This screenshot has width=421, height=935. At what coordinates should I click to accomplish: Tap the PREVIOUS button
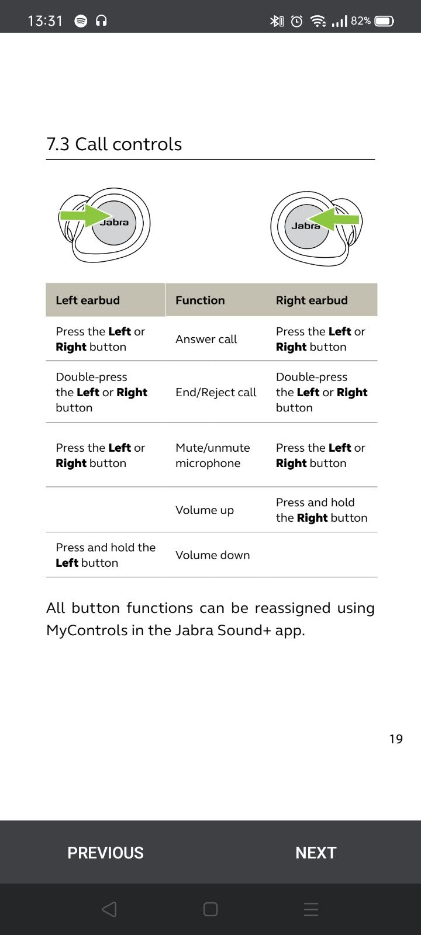tap(105, 853)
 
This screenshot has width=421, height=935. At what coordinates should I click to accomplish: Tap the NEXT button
tap(316, 853)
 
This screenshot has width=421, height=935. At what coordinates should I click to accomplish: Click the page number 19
tap(396, 739)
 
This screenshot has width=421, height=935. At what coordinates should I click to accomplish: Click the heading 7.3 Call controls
tap(114, 144)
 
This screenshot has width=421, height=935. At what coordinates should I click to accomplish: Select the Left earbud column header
tap(88, 300)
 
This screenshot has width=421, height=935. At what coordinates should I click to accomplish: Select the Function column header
tap(200, 300)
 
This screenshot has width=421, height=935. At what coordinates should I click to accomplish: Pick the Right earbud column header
tap(312, 300)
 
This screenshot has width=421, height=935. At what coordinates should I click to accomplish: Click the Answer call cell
tap(206, 339)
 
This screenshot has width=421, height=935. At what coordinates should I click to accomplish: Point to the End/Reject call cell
tap(216, 393)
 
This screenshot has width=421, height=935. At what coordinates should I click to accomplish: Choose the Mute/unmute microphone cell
tap(212, 455)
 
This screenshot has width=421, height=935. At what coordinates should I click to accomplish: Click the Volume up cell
tap(205, 510)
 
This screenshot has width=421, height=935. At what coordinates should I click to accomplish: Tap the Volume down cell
tap(212, 555)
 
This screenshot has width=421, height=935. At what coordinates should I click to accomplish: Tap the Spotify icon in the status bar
tap(81, 21)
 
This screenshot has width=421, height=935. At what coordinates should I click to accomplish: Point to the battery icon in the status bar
tap(384, 22)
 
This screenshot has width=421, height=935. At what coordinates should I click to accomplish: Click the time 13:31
tap(45, 21)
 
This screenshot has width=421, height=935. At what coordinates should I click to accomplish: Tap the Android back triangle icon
tap(109, 909)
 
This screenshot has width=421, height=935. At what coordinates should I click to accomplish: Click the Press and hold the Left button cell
tap(105, 555)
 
